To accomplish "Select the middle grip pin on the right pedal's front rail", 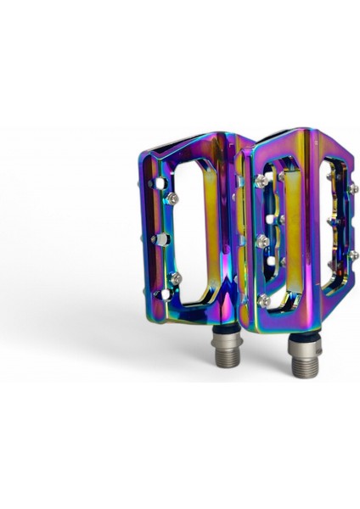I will (261, 242).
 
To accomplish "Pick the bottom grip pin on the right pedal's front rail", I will (263, 300).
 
